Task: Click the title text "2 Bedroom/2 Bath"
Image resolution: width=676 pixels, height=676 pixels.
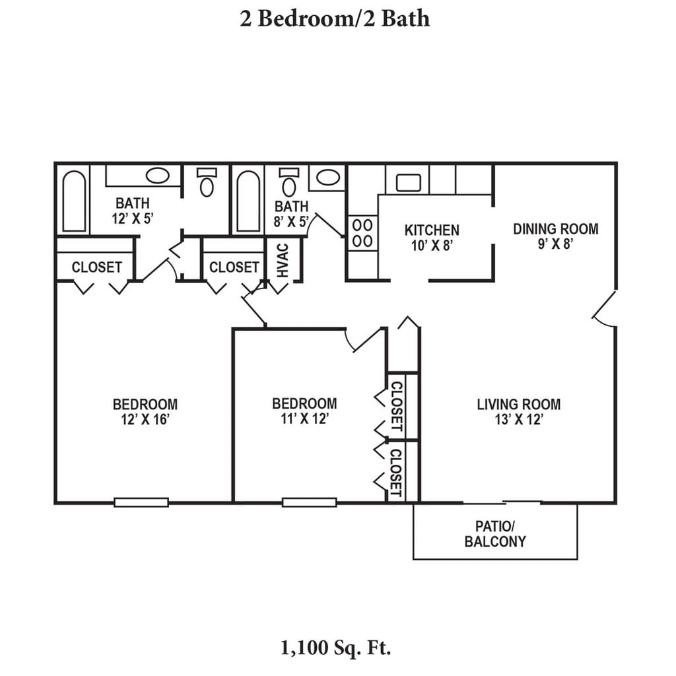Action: pyautogui.click(x=335, y=18)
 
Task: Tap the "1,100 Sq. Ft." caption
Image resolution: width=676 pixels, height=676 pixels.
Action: pyautogui.click(x=336, y=648)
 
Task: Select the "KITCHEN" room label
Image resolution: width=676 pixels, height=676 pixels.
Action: pyautogui.click(x=432, y=230)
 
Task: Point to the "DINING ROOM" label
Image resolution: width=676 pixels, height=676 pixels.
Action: pyautogui.click(x=556, y=229)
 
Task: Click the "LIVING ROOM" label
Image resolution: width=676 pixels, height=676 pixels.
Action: pyautogui.click(x=519, y=404)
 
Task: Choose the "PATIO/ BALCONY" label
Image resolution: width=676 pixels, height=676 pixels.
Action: pyautogui.click(x=495, y=534)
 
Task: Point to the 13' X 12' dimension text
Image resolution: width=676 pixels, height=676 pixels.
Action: pyautogui.click(x=519, y=420)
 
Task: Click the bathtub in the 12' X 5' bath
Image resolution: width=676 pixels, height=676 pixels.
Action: pyautogui.click(x=74, y=201)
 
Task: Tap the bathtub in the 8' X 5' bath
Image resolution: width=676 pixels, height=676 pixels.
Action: pyautogui.click(x=248, y=201)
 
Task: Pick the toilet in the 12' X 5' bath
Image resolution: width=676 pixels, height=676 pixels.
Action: pyautogui.click(x=208, y=182)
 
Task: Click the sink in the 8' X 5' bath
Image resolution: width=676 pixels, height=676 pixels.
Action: pyautogui.click(x=327, y=177)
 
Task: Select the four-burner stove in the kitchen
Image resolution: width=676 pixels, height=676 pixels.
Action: pyautogui.click(x=362, y=233)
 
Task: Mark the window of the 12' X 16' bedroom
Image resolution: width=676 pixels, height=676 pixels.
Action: pyautogui.click(x=141, y=502)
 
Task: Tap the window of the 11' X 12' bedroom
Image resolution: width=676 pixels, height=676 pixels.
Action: pyautogui.click(x=310, y=502)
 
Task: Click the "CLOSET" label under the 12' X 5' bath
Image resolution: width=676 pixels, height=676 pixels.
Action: pyautogui.click(x=97, y=267)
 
